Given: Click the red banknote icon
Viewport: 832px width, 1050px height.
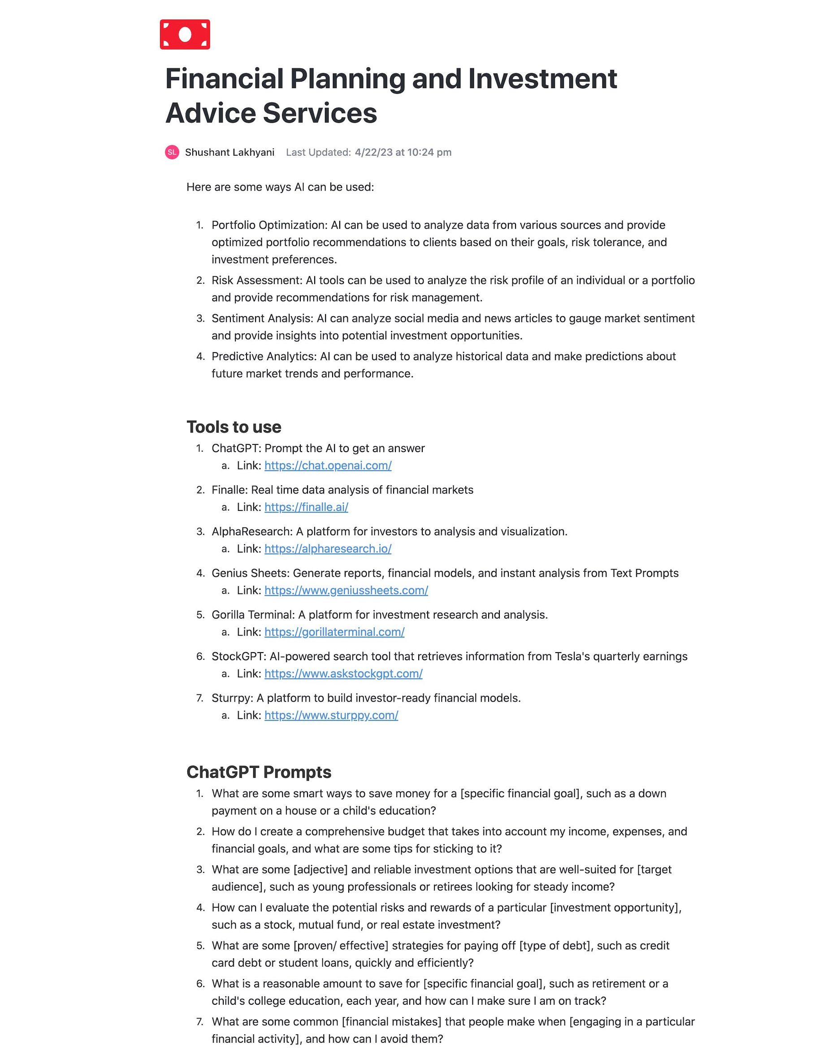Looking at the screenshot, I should click(x=185, y=35).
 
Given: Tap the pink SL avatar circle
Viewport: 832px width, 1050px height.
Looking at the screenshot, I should click(x=172, y=152).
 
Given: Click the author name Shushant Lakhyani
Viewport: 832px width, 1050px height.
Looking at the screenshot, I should click(x=230, y=152).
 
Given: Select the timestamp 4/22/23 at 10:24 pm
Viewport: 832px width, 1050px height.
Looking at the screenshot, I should click(x=403, y=152).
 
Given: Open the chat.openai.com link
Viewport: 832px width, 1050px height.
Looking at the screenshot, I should click(x=328, y=466).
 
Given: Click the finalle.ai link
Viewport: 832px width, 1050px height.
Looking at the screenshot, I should click(x=306, y=507).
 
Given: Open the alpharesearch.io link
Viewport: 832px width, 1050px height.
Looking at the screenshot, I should click(x=328, y=549).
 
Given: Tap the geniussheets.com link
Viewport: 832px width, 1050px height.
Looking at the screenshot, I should click(x=346, y=590).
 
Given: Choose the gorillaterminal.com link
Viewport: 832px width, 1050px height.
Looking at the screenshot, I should click(x=334, y=632).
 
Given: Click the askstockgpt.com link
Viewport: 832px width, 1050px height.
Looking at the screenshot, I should click(x=343, y=674).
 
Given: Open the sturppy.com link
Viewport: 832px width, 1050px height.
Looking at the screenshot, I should click(x=331, y=715).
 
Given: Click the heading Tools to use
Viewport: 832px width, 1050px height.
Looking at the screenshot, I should click(x=234, y=427).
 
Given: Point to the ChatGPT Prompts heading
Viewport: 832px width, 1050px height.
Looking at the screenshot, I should click(x=259, y=772).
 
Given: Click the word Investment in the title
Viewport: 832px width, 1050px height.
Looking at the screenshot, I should click(x=542, y=79).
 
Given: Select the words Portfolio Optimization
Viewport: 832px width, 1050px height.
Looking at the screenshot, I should click(x=269, y=225).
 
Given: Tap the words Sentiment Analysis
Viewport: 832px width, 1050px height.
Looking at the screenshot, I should click(x=262, y=318).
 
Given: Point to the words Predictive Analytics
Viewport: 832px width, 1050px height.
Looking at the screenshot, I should click(x=264, y=357).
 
